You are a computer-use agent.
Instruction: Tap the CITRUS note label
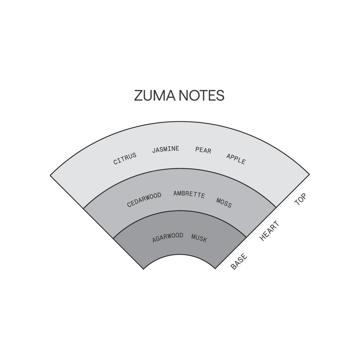click(125, 159)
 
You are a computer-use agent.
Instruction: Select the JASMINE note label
click(166, 149)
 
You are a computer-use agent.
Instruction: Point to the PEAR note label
click(203, 150)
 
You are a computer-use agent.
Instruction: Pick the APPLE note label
click(236, 159)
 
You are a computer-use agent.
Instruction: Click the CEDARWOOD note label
click(144, 200)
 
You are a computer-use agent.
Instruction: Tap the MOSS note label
click(224, 203)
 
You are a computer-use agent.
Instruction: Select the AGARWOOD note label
click(168, 238)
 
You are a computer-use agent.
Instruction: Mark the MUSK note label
click(199, 238)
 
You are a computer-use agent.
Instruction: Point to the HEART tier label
click(270, 231)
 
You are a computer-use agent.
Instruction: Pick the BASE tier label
click(239, 261)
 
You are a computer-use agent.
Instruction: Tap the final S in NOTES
click(220, 95)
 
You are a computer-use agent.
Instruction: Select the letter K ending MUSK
click(205, 240)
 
